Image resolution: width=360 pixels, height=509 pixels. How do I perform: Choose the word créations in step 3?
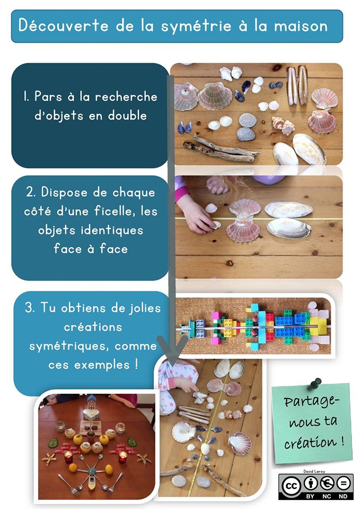pyautogui.click(x=93, y=327)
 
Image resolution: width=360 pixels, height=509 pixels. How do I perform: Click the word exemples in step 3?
pyautogui.click(x=102, y=365)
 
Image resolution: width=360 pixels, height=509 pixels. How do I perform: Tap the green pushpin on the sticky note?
pyautogui.click(x=314, y=383)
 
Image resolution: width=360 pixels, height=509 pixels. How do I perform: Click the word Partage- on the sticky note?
pyautogui.click(x=311, y=402)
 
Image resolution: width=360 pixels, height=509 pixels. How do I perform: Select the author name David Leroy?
pyautogui.click(x=314, y=471)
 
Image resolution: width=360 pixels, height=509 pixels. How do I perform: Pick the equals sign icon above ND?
pyautogui.click(x=343, y=484)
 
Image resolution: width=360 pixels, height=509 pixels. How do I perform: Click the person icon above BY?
pyautogui.click(x=310, y=484)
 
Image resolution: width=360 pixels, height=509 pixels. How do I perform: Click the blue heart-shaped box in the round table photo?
pyautogui.click(x=91, y=413)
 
